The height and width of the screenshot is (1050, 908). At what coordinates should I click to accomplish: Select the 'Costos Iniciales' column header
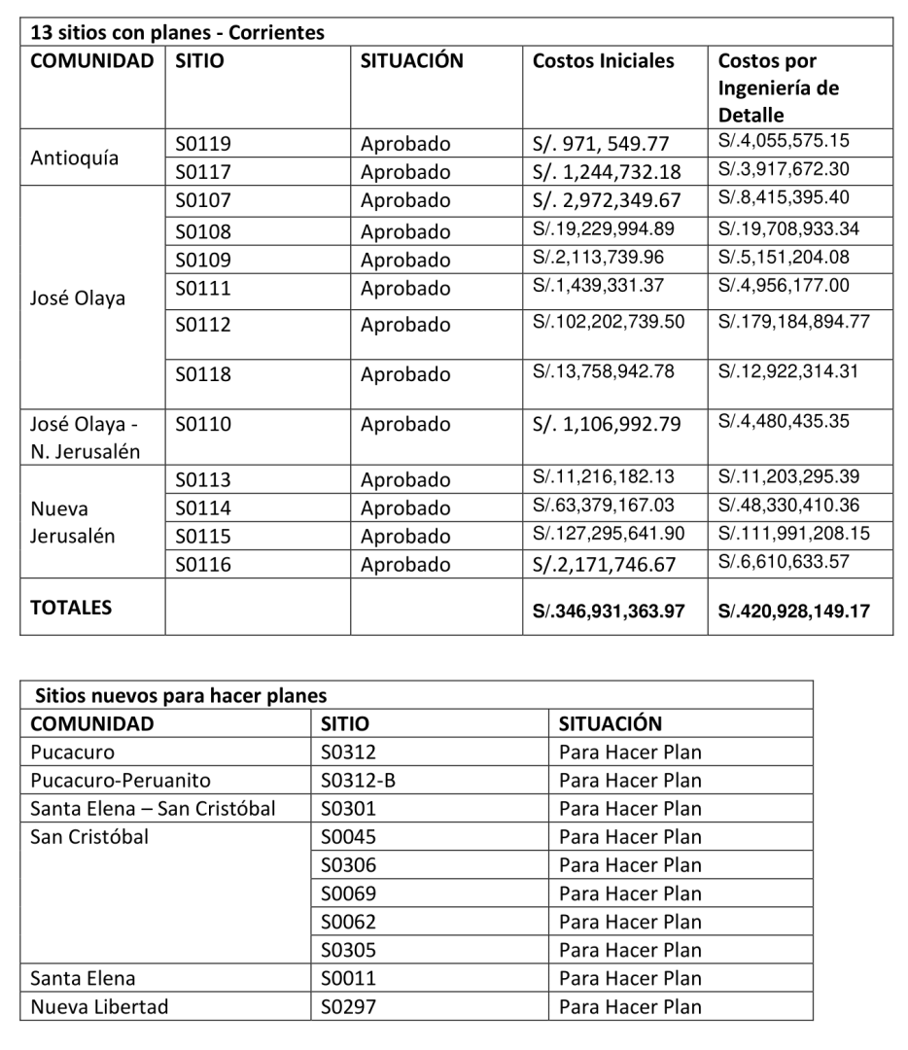(x=603, y=60)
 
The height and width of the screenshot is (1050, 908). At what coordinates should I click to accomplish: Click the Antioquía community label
(x=76, y=158)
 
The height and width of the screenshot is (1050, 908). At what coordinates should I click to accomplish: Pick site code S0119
(x=203, y=145)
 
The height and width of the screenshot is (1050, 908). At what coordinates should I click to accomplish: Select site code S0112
(x=203, y=325)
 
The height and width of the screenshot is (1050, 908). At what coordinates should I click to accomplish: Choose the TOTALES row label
(x=72, y=609)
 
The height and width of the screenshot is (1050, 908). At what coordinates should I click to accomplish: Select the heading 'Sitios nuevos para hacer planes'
(x=180, y=695)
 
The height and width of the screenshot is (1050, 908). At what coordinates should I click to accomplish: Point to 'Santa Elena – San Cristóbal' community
(x=154, y=809)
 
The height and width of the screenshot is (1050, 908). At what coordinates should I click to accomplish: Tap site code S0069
(x=349, y=893)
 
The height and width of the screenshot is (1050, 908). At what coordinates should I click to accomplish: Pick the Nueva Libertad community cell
(x=98, y=1006)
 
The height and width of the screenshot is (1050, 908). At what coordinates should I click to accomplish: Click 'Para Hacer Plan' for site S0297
(x=630, y=1006)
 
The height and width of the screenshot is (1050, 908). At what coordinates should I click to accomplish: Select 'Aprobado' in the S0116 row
(x=405, y=564)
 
